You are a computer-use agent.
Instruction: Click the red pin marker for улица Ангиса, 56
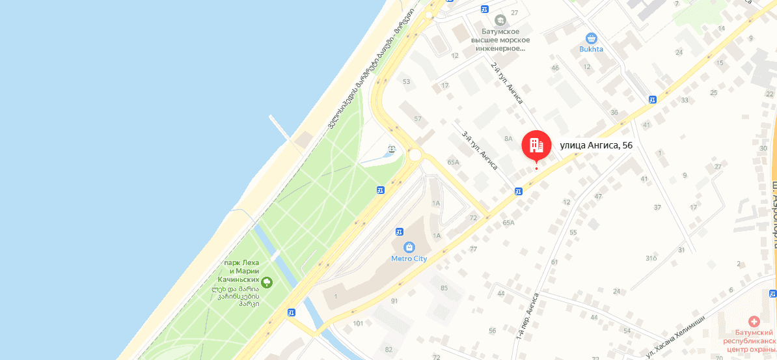tap(536, 145)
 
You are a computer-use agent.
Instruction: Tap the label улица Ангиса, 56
tap(596, 145)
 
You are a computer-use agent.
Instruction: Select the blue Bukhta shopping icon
tap(592, 38)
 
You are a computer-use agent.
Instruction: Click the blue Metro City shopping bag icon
tap(409, 247)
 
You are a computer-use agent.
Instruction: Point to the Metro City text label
tap(409, 258)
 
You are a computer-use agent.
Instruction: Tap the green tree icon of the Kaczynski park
tap(267, 282)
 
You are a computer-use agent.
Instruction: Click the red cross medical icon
tap(754, 321)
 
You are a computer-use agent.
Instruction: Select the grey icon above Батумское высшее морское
tap(500, 20)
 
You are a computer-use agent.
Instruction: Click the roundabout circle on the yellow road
tap(415, 155)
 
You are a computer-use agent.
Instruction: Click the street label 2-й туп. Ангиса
tap(507, 83)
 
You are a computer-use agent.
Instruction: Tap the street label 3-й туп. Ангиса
tap(480, 154)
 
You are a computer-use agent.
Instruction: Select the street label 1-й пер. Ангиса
tap(527, 316)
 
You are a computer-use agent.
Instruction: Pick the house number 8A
tap(508, 138)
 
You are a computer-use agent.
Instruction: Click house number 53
tap(407, 81)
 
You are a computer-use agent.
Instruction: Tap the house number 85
tap(444, 288)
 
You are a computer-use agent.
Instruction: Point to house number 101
tap(357, 324)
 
